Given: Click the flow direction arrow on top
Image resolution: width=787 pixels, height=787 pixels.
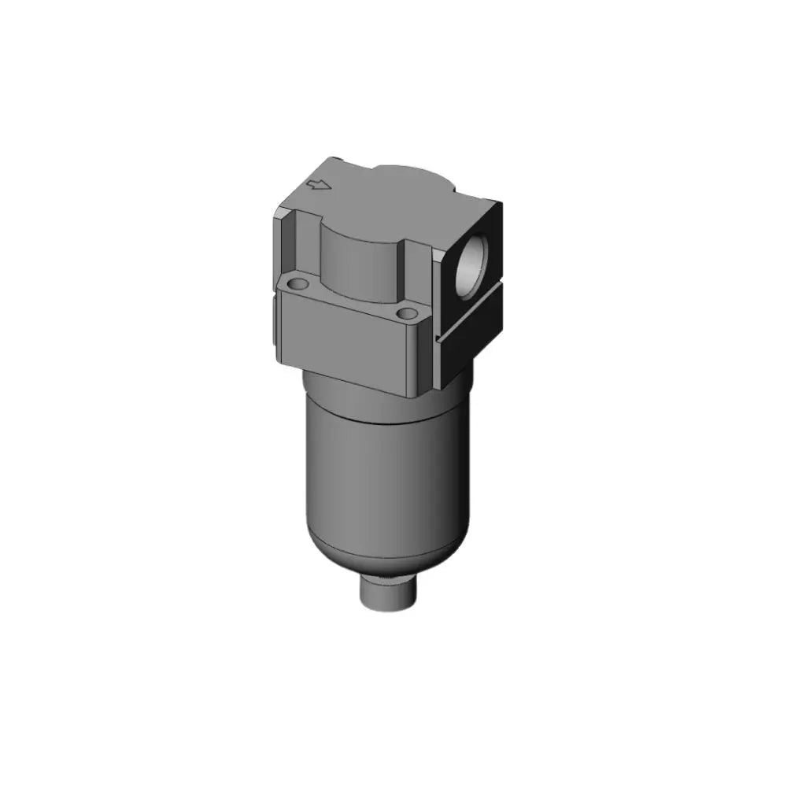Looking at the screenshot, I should (318, 186).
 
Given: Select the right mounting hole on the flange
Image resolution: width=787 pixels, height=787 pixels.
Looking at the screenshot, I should (407, 313).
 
